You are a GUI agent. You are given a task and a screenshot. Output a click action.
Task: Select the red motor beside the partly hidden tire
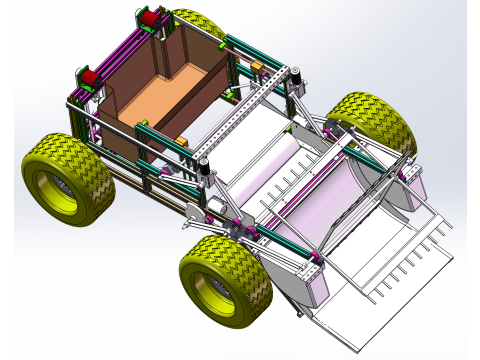click(x=149, y=17)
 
